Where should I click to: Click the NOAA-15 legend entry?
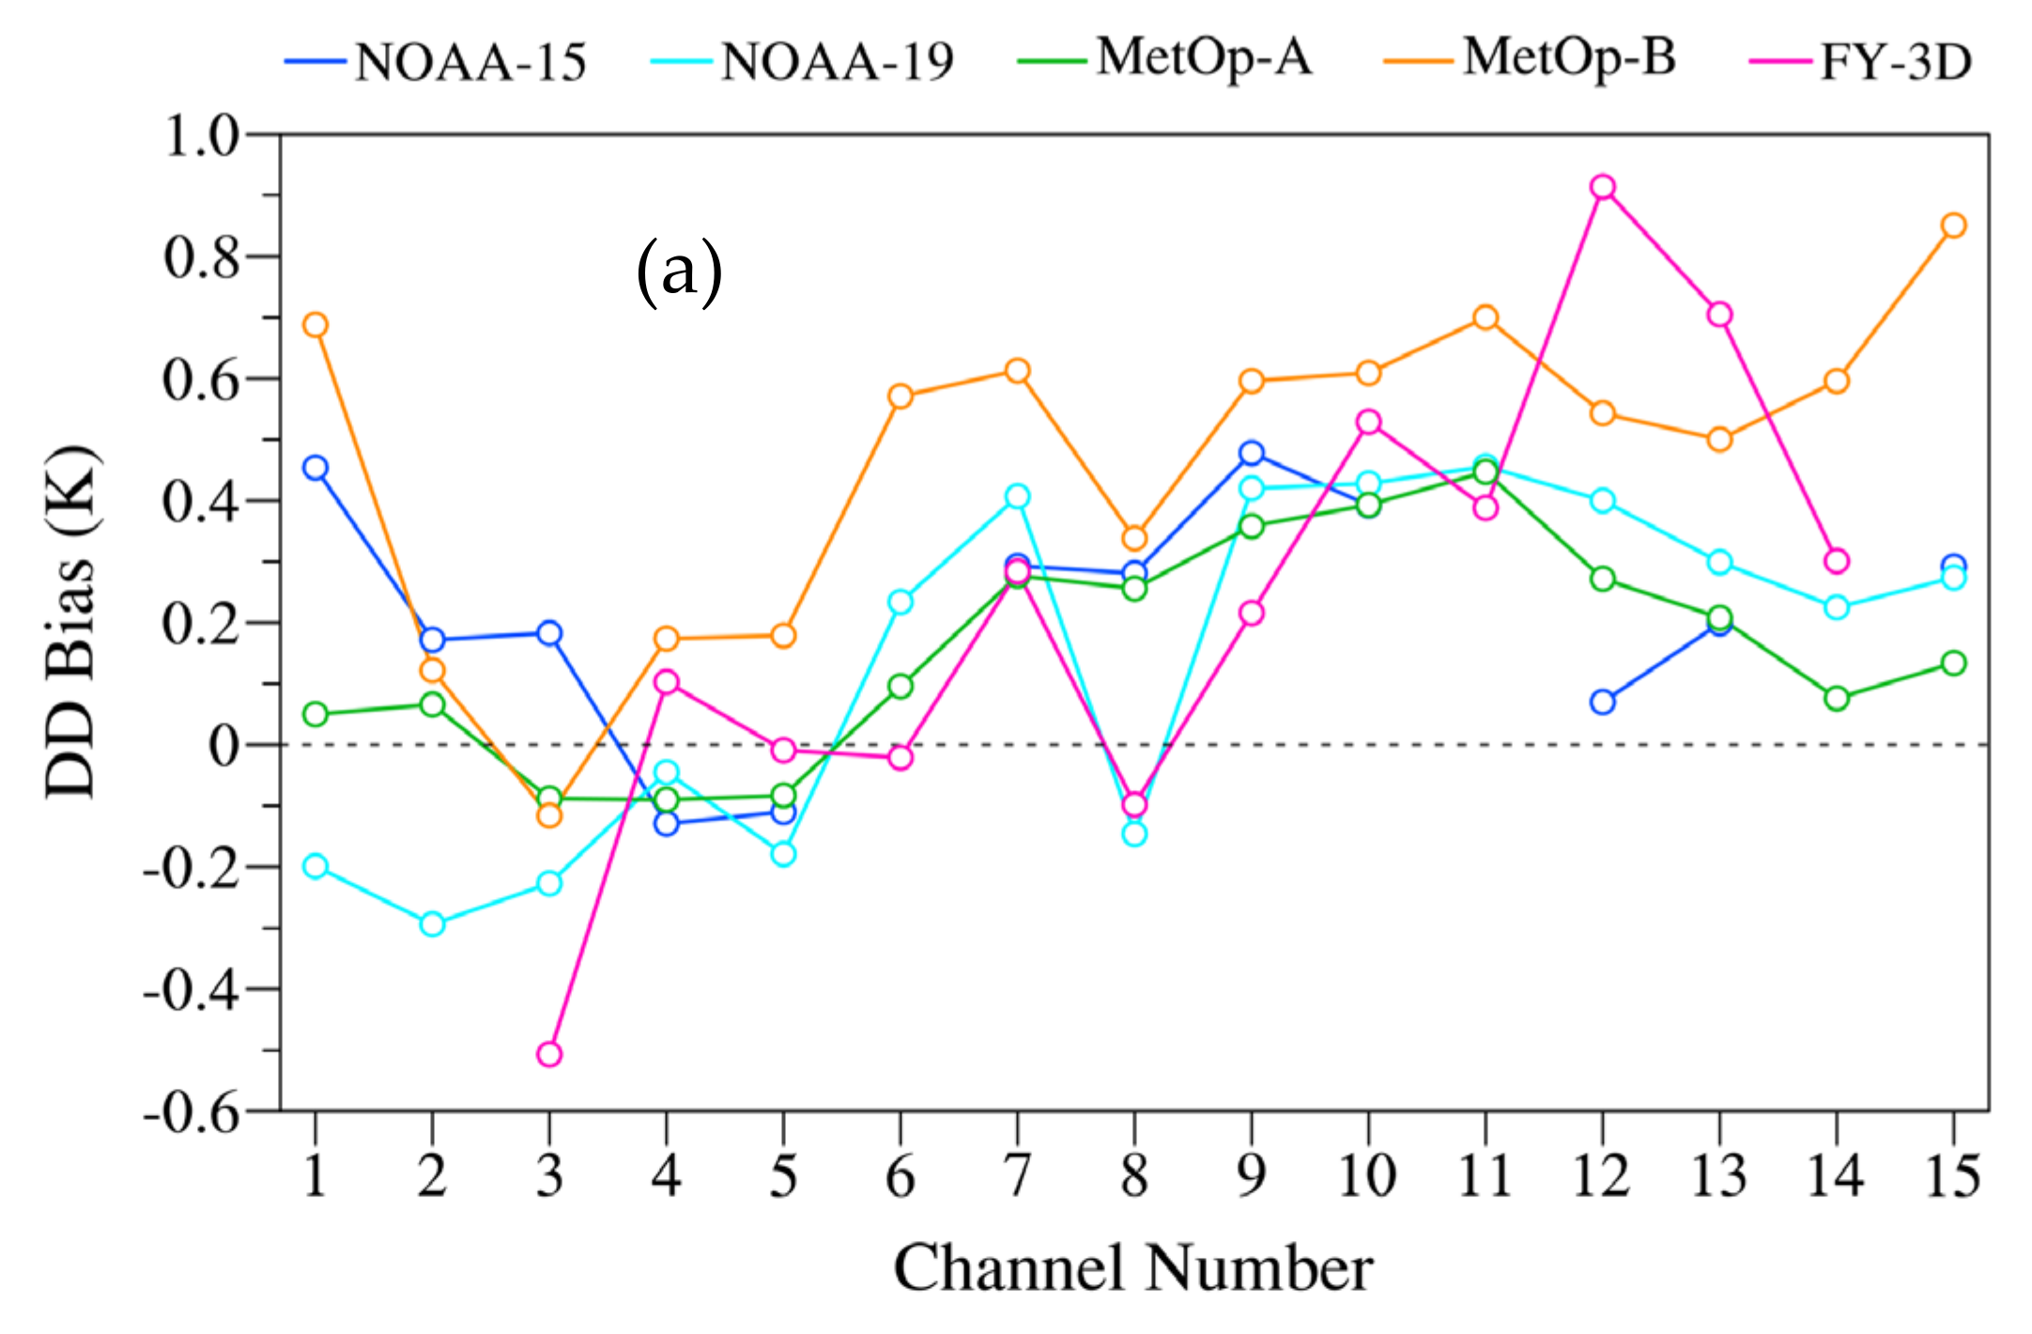click(437, 62)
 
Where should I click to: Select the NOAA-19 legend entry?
click(803, 62)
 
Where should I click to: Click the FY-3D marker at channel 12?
click(1602, 186)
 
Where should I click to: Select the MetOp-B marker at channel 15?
click(1953, 225)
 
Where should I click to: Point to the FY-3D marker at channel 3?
click(549, 1054)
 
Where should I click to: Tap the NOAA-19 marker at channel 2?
click(432, 923)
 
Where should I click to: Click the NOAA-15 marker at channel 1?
click(316, 468)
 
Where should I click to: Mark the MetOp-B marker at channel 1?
click(316, 325)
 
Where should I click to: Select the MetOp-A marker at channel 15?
click(1953, 663)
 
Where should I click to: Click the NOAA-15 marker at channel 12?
click(1602, 702)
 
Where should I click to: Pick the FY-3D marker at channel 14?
click(1837, 562)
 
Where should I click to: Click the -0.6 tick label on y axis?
click(192, 1114)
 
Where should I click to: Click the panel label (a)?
click(679, 272)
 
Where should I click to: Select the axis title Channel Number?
click(1133, 1269)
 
